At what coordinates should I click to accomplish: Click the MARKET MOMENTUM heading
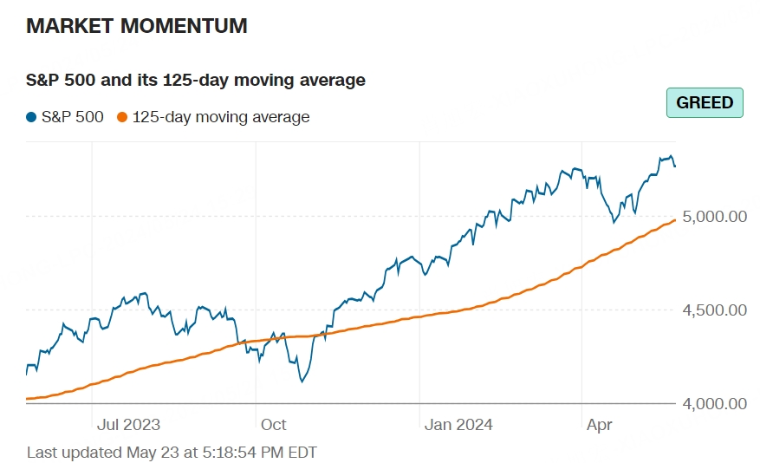137,26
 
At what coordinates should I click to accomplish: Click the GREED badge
705,102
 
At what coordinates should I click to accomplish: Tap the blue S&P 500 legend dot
32,117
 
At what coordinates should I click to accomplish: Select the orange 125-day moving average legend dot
122,117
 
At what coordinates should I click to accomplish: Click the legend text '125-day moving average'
220,117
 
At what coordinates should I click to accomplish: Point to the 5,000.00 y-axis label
714,216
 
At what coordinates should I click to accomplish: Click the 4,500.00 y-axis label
714,310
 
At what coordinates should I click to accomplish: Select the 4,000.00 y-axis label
714,403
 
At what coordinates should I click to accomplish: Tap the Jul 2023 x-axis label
128,425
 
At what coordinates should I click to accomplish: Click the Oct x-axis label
273,425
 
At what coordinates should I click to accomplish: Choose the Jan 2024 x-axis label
458,425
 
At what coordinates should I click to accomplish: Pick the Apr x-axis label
600,425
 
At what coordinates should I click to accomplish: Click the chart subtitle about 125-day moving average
196,81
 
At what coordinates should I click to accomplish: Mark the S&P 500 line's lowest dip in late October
302,381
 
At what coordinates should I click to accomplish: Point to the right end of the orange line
674,220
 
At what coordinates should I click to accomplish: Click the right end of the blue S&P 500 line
674,166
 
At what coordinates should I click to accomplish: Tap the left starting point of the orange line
28,399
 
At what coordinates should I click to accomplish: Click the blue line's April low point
614,222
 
